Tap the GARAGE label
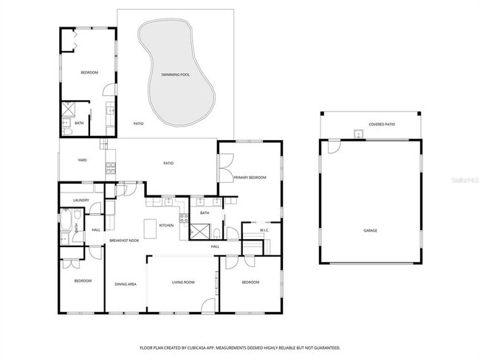pyautogui.click(x=370, y=231)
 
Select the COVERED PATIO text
pyautogui.click(x=382, y=125)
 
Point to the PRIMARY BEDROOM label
pyautogui.click(x=250, y=178)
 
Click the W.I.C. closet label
pyautogui.click(x=264, y=230)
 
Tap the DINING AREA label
pyautogui.click(x=125, y=284)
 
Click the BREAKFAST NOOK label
pyautogui.click(x=125, y=241)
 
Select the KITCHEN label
pyautogui.click(x=166, y=225)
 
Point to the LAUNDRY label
pyautogui.click(x=80, y=200)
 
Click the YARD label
pyautogui.click(x=83, y=160)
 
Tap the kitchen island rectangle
pyautogui.click(x=150, y=229)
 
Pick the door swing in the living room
pyautogui.click(x=208, y=305)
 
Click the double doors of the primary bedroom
pyautogui.click(x=225, y=168)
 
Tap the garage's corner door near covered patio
pyautogui.click(x=334, y=147)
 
